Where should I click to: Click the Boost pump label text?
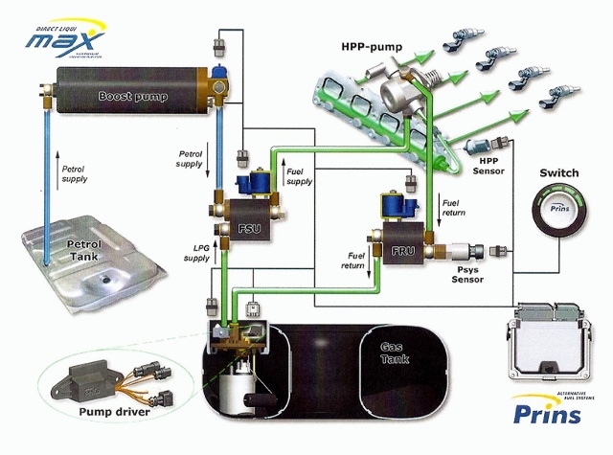131,96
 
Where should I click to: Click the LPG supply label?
195,253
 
